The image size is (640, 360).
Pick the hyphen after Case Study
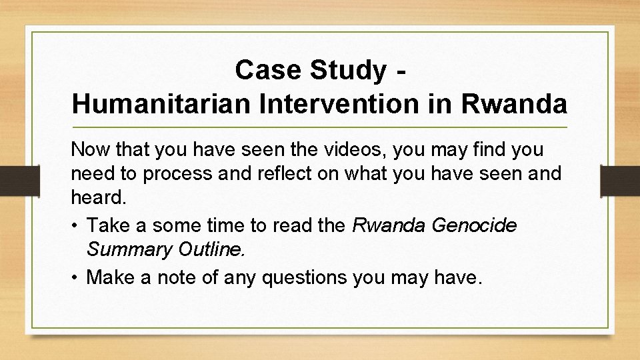click(x=398, y=69)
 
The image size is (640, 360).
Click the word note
click(x=180, y=277)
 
